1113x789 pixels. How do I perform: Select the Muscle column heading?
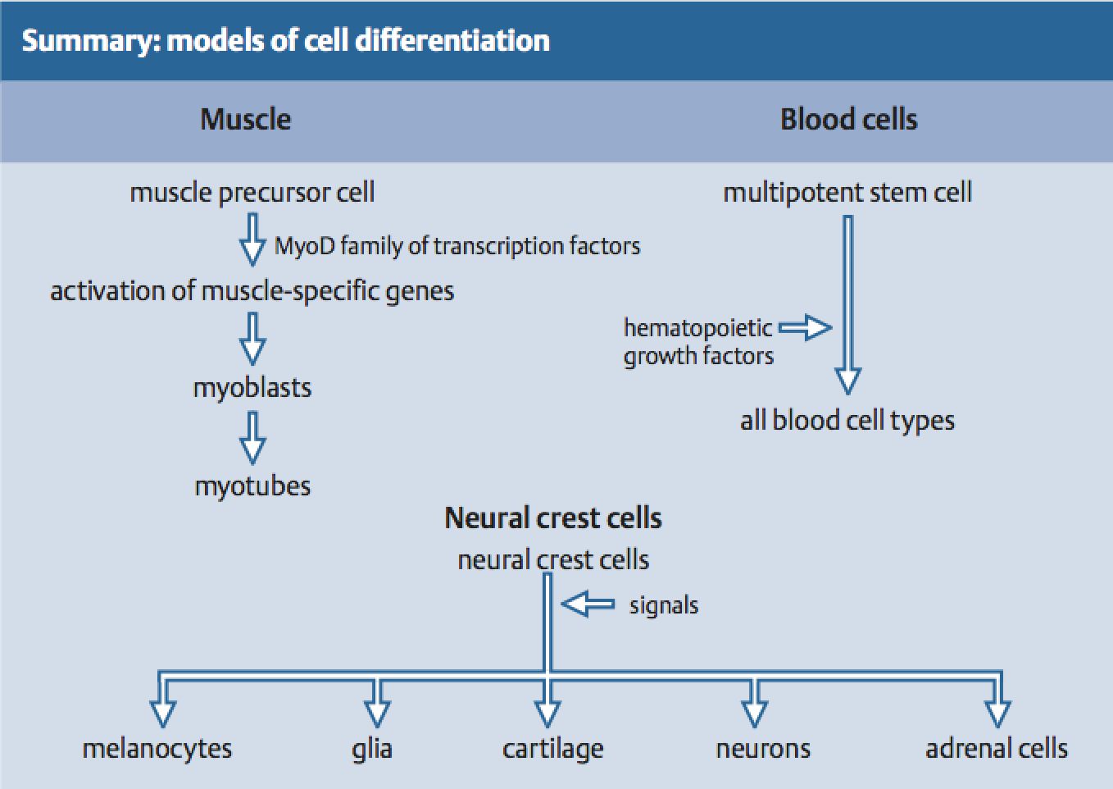coord(245,120)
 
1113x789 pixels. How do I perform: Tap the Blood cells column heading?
coord(848,120)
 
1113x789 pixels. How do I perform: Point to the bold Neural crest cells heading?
coord(553,518)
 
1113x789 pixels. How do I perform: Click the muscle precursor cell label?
coord(252,193)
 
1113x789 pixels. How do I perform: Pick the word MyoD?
coord(305,246)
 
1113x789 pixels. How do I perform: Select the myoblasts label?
coord(252,388)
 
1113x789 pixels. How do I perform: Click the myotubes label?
coord(252,486)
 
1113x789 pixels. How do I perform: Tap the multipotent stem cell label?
coord(847,193)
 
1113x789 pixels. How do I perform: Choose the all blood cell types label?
coord(847,421)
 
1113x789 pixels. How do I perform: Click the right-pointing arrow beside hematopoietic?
coord(805,327)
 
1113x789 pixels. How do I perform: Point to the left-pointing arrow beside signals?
coord(588,604)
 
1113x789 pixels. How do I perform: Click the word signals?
coord(664,606)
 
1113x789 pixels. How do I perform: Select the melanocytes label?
coord(157,750)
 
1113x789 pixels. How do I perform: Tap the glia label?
coord(371,750)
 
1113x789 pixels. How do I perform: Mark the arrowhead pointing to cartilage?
coord(547,714)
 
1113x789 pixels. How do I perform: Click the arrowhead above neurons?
coord(754,714)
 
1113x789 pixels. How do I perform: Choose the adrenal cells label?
coord(997,750)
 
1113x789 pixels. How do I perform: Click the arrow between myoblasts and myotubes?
coord(252,438)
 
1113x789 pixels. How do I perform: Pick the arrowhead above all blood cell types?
coord(847,381)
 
